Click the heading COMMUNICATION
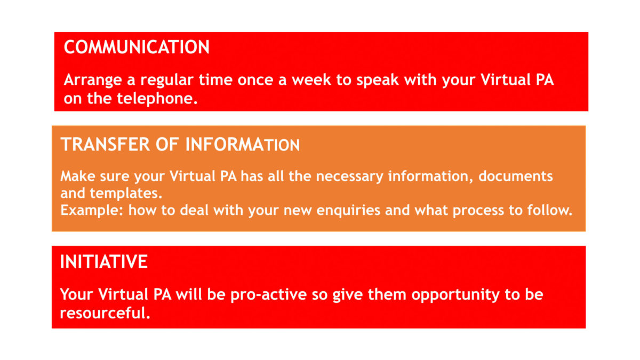pyautogui.click(x=137, y=47)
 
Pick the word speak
pyautogui.click(x=390, y=81)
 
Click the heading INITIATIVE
pyautogui.click(x=103, y=262)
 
